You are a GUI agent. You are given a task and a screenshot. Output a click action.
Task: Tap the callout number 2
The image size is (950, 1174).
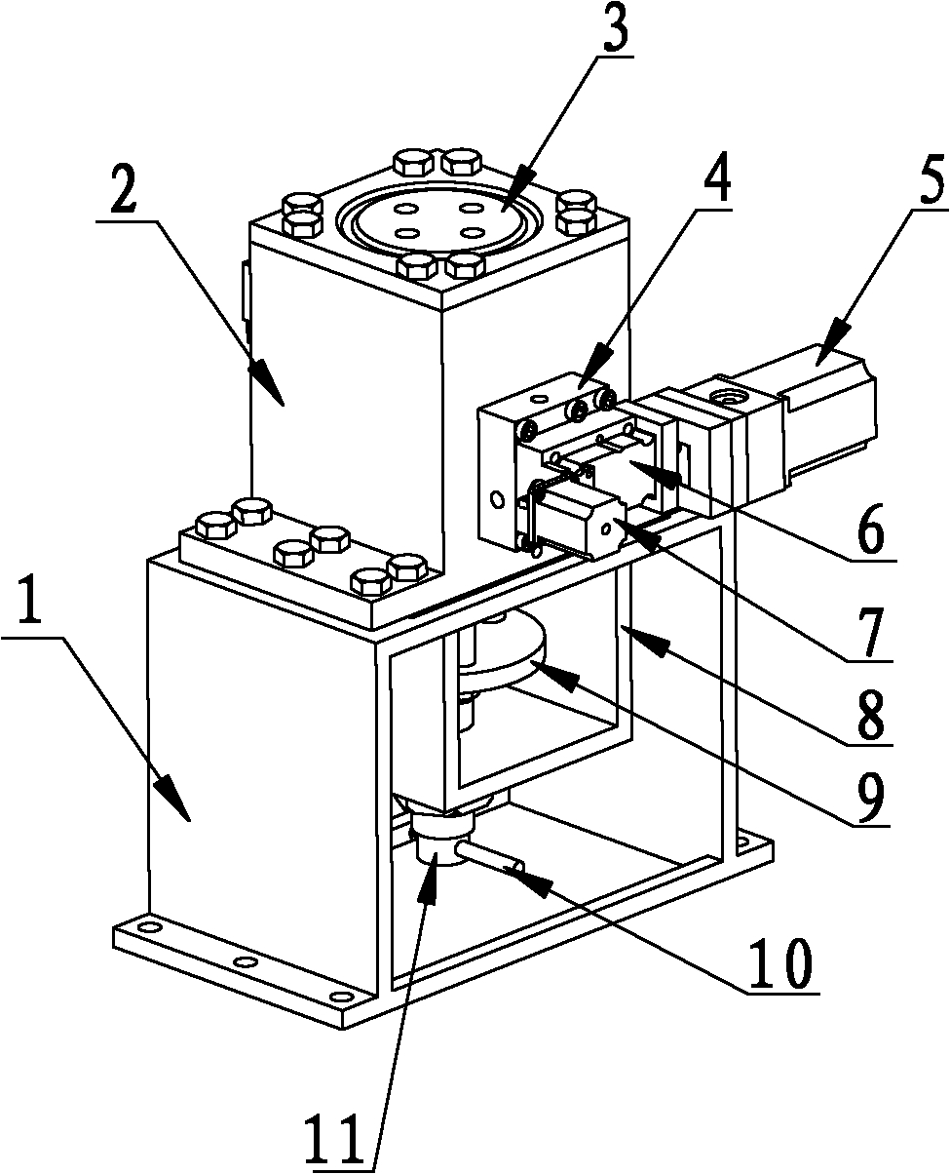click(124, 190)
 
